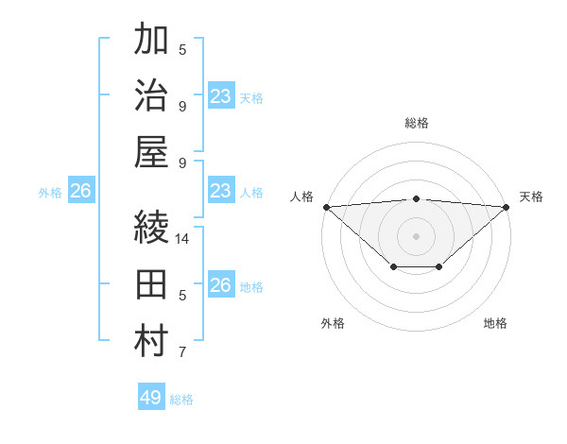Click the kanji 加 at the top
click(151, 42)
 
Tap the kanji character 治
click(151, 97)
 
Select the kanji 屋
click(151, 152)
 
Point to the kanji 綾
click(151, 228)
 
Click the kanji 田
click(151, 284)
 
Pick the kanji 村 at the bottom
click(151, 341)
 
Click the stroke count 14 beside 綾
click(182, 239)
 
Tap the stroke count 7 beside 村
click(182, 353)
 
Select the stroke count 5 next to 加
click(182, 50)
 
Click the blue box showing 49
click(151, 398)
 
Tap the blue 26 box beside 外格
click(80, 192)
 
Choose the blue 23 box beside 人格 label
click(220, 191)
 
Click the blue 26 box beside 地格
click(220, 285)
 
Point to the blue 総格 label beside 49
click(181, 400)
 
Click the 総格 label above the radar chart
click(416, 123)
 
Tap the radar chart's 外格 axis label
click(333, 323)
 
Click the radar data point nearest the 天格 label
click(507, 207)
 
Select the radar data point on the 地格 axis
click(439, 267)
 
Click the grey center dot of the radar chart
click(416, 235)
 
